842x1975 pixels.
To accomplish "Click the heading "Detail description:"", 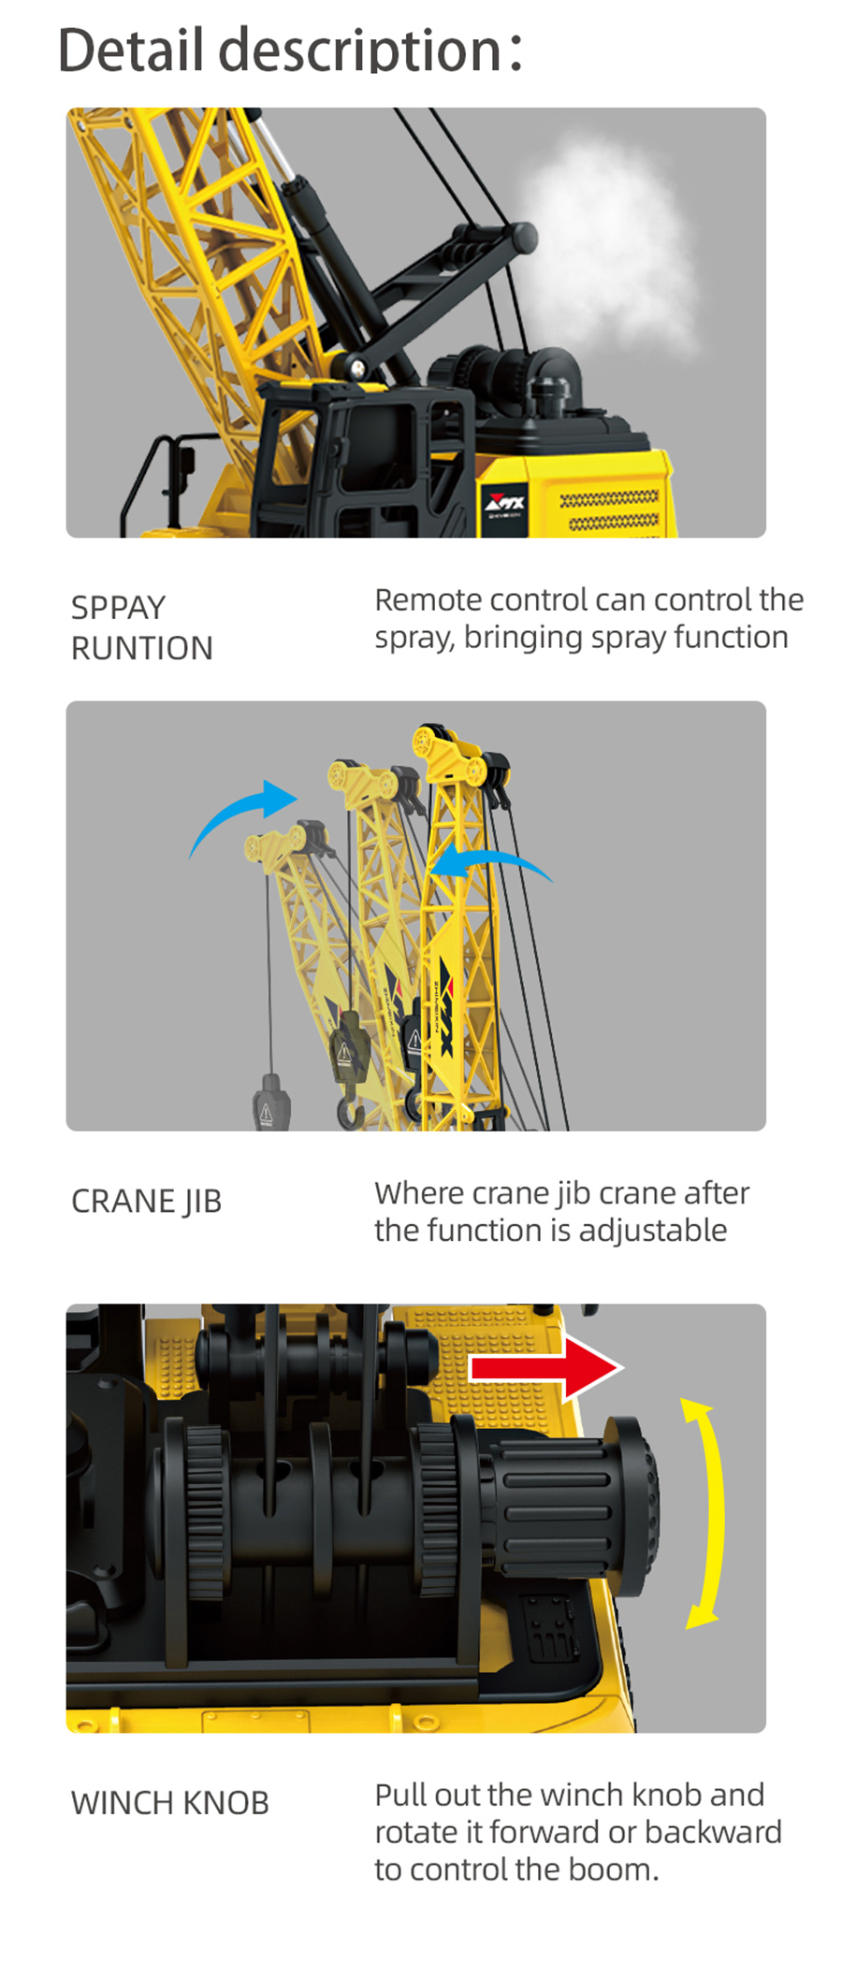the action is [290, 50].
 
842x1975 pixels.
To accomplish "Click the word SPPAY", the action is [118, 608].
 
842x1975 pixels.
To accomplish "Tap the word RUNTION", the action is [142, 648].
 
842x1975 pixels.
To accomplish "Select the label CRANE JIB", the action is [147, 1201].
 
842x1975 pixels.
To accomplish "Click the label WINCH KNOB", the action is [170, 1802].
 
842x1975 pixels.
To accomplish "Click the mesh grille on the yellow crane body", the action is [608, 510].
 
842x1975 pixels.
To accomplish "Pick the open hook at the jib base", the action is [351, 1112].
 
